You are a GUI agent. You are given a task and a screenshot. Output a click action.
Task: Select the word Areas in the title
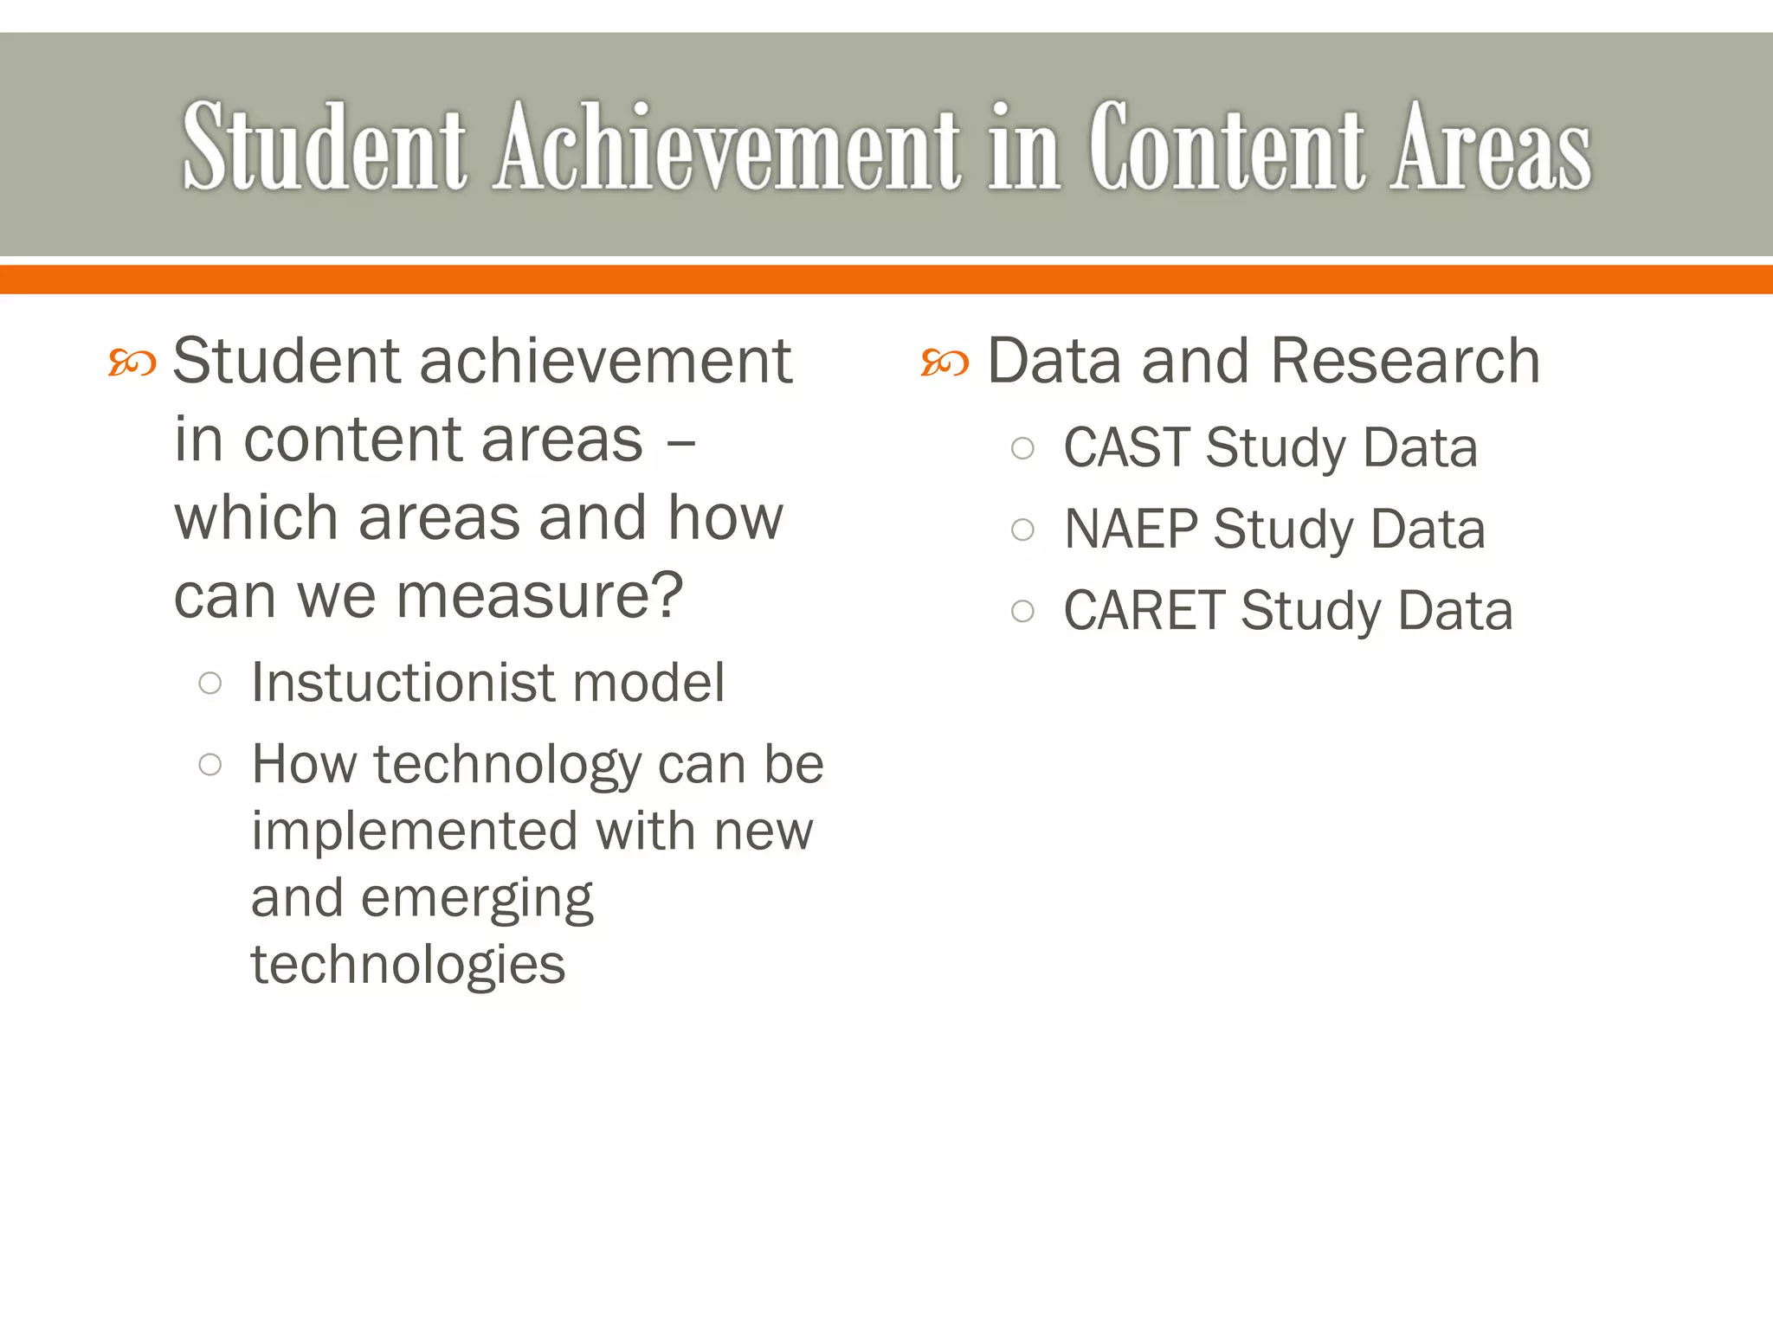click(1491, 147)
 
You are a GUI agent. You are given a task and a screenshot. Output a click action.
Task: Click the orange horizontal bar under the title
click(886, 279)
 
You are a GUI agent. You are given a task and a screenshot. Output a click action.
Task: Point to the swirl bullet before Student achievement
click(132, 363)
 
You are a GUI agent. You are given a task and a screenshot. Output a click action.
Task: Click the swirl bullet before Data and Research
click(945, 363)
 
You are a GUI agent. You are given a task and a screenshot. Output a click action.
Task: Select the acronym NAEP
click(1131, 530)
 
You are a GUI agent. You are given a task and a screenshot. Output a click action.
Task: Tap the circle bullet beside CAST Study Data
click(1022, 448)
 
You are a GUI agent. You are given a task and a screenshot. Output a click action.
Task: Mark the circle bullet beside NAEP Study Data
click(1022, 530)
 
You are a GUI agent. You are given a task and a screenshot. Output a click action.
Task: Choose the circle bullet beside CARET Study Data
click(1022, 612)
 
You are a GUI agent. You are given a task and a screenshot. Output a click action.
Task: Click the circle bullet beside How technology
click(210, 765)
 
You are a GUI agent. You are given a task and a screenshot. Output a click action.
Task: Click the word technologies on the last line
click(408, 966)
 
